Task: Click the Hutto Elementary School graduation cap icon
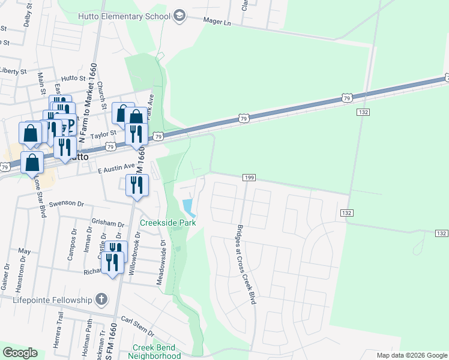click(179, 16)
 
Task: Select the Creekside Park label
click(168, 223)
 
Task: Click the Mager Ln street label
click(218, 22)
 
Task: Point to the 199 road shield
click(250, 178)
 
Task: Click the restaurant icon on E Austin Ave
click(137, 185)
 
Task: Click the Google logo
click(20, 353)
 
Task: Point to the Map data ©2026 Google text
click(412, 355)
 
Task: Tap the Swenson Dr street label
click(67, 203)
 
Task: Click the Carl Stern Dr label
click(137, 323)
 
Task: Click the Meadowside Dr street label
click(161, 262)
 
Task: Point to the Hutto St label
click(74, 78)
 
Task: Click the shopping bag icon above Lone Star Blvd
click(31, 161)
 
